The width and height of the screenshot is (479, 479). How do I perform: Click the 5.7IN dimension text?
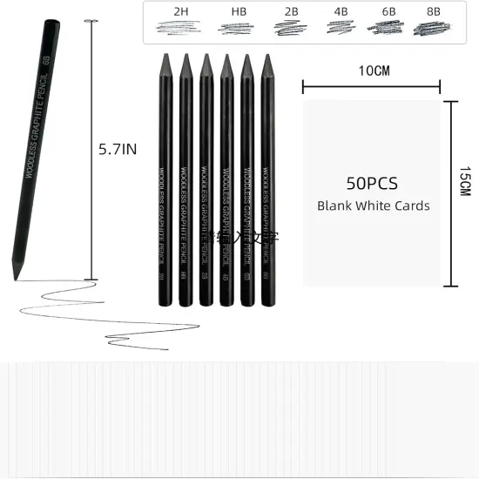[x=118, y=149]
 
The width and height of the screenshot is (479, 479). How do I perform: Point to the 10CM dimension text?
[x=372, y=71]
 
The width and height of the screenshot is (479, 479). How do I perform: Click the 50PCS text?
[x=372, y=184]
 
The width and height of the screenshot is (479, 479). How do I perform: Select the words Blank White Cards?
[x=373, y=206]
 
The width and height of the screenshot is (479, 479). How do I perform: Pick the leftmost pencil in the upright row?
[x=165, y=174]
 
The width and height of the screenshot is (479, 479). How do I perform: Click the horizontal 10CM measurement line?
[x=371, y=86]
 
